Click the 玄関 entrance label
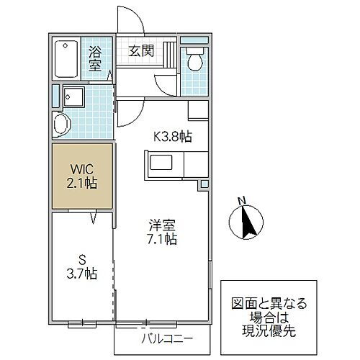[142, 50]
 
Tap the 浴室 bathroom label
[95, 58]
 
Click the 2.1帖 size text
[82, 184]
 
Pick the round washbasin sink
[62, 122]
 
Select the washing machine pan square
[74, 96]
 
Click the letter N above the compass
[242, 200]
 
